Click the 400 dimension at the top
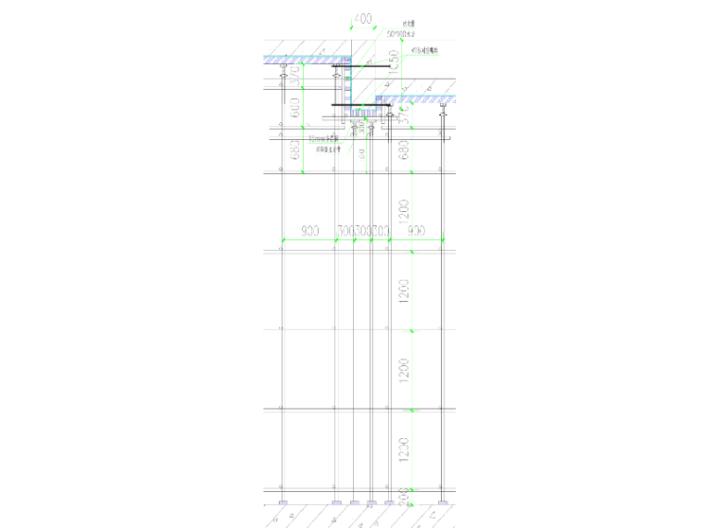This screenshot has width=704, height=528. tap(362, 19)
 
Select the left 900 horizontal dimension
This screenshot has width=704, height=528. tap(310, 231)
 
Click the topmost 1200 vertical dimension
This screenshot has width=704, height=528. tap(403, 212)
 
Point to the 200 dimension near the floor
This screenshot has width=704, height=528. tap(403, 497)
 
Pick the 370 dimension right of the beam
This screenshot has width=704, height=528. tap(403, 115)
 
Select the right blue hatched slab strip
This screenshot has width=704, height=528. tap(417, 97)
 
